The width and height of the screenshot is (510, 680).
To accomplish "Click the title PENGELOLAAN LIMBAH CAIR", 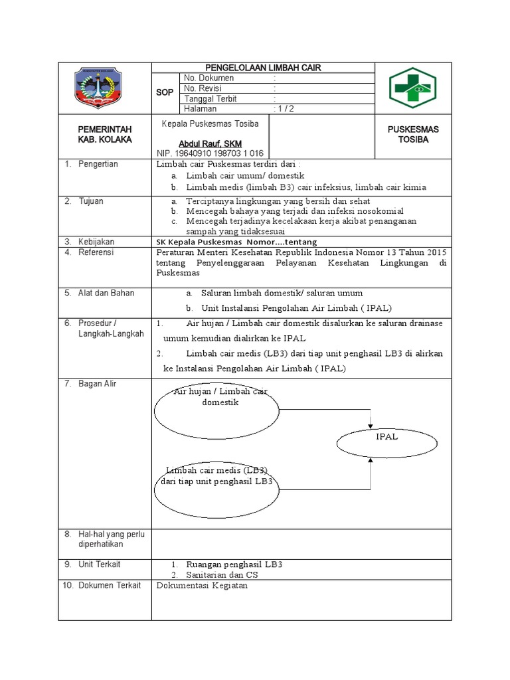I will pos(264,68).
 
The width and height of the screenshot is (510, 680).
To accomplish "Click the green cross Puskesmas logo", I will pos(413,88).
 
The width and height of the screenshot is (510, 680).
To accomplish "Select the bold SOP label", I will pos(164,94).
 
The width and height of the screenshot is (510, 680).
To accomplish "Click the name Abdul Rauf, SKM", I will pos(211,143).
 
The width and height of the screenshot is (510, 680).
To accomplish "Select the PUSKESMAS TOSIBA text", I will pos(413,135).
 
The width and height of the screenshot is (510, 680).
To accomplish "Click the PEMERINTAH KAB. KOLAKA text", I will pos(105,135).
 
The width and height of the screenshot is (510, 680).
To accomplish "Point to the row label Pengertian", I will pos(98,164).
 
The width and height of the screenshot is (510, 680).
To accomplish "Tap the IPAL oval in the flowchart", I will pos(386,438).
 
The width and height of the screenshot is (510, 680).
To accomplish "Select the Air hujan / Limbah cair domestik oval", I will pos(214,412).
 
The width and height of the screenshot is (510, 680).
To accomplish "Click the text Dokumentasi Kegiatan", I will pos(202,586).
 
